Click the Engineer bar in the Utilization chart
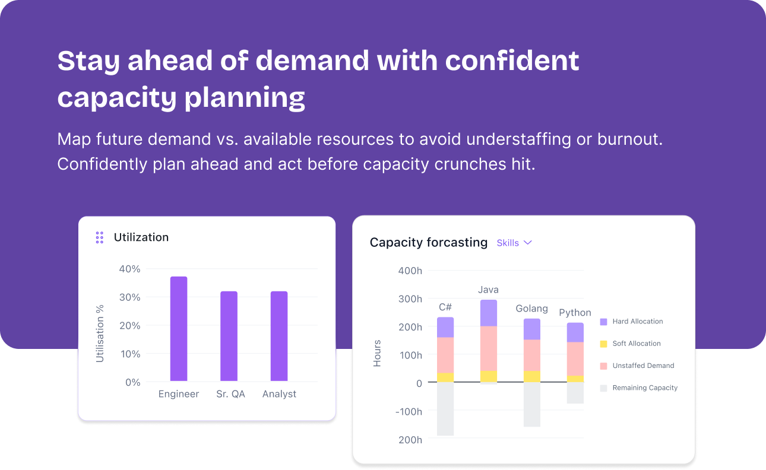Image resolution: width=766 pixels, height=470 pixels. click(179, 329)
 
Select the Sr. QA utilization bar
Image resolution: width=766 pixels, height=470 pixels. click(229, 336)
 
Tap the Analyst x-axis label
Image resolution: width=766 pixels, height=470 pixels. click(279, 394)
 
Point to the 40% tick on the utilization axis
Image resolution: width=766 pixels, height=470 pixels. click(129, 269)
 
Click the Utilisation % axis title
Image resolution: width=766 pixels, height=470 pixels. click(100, 334)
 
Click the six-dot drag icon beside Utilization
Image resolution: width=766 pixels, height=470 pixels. click(100, 237)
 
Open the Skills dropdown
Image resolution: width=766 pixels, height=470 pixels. click(514, 243)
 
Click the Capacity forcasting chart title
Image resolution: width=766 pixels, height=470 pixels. click(429, 242)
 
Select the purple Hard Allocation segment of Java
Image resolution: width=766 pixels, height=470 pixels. click(489, 313)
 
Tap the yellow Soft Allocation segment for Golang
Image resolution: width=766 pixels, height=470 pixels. click(532, 376)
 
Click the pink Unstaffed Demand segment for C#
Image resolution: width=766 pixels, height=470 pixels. click(445, 355)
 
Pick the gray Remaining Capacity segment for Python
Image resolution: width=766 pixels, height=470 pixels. click(575, 393)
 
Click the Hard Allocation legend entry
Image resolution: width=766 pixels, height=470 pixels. click(632, 322)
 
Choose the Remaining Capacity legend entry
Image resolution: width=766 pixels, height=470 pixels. click(639, 388)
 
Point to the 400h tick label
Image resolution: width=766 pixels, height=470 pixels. click(410, 271)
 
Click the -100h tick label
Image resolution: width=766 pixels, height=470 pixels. click(409, 412)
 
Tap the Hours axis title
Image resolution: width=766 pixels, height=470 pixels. click(377, 354)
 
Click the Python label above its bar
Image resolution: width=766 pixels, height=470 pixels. click(575, 312)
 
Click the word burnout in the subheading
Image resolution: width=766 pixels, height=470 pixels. click(630, 139)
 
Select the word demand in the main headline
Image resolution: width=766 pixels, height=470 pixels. click(312, 61)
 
